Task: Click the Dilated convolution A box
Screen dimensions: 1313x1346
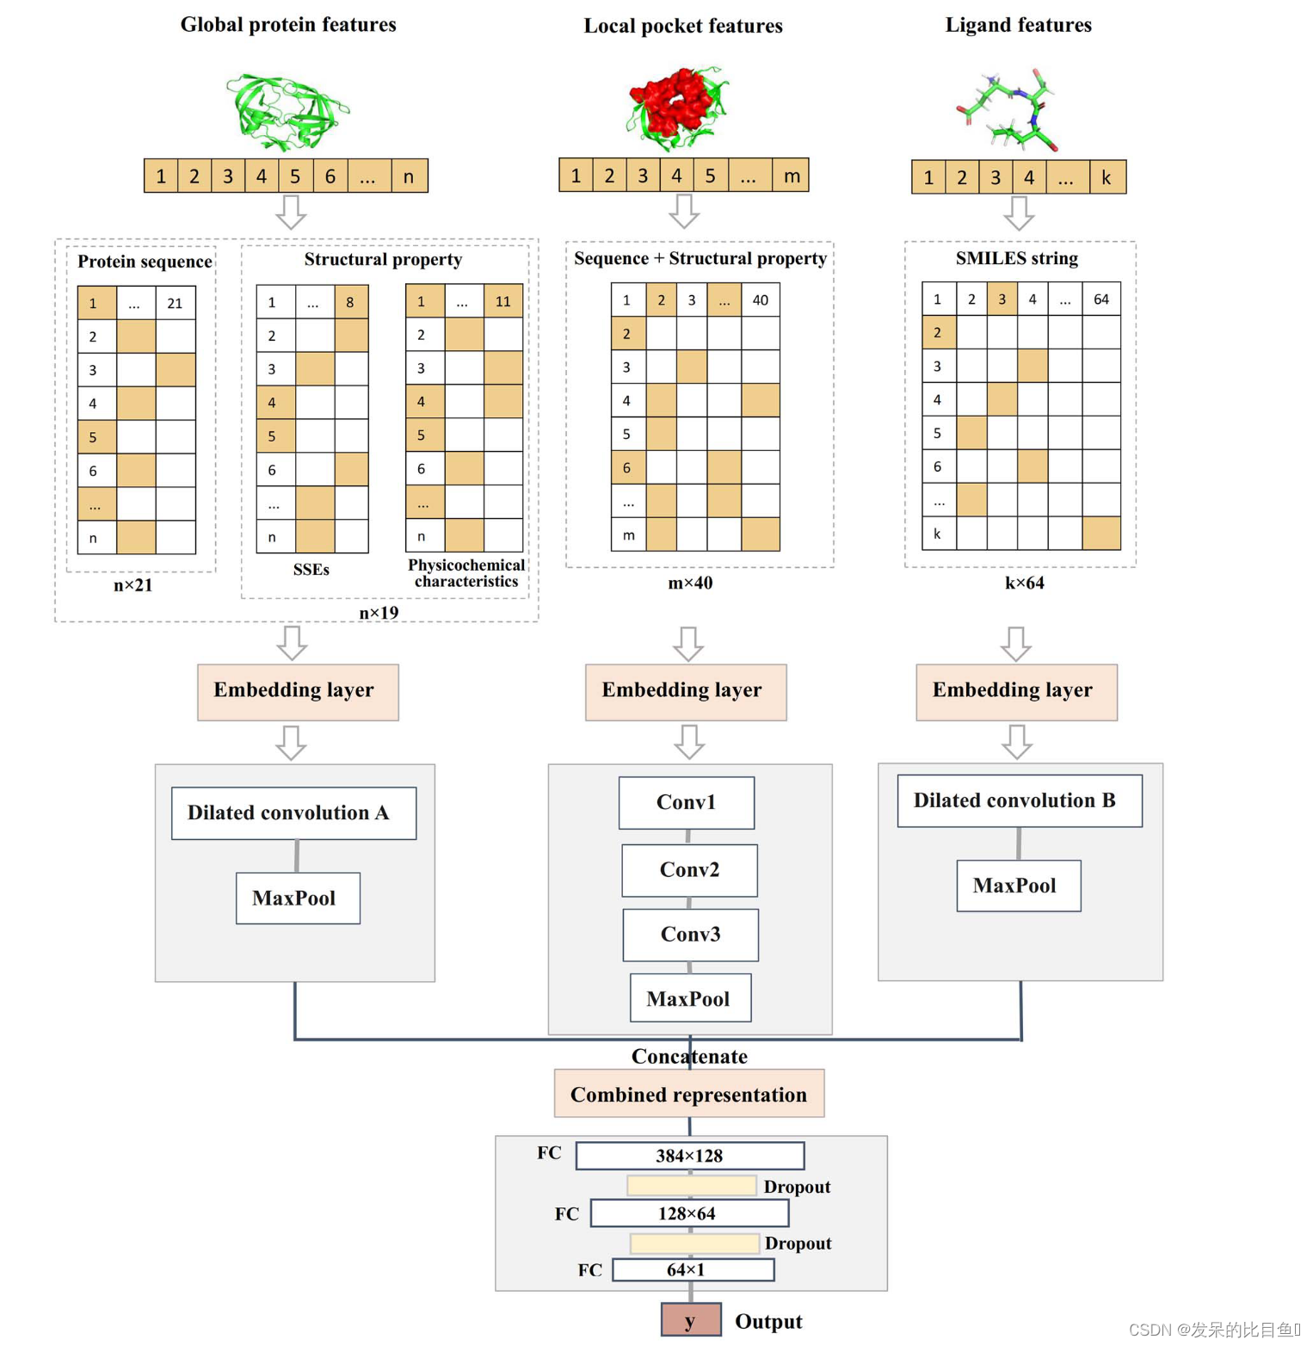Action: coord(293,812)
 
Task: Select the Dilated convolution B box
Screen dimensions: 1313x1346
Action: coord(1019,800)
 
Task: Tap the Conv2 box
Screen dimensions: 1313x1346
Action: coord(689,869)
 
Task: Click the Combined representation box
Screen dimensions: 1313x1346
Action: coord(688,1094)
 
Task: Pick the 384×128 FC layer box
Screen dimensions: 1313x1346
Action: coord(689,1155)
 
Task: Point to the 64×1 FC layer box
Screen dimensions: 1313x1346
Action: coord(693,1269)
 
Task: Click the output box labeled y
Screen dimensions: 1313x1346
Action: coord(690,1320)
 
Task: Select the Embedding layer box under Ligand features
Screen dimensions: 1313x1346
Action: coord(1015,691)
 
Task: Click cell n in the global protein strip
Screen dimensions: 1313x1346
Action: coord(409,176)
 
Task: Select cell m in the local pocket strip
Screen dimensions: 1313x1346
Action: coord(790,176)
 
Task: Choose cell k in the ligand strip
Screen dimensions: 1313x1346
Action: coord(1106,177)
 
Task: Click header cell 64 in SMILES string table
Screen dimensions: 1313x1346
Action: coord(1100,299)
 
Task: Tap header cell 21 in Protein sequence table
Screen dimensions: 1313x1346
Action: coord(175,303)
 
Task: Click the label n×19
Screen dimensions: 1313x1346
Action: coord(379,613)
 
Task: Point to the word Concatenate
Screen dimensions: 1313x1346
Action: coord(688,1056)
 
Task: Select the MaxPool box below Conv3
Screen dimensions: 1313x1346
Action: coord(689,998)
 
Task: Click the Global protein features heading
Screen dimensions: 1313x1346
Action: coord(288,24)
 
